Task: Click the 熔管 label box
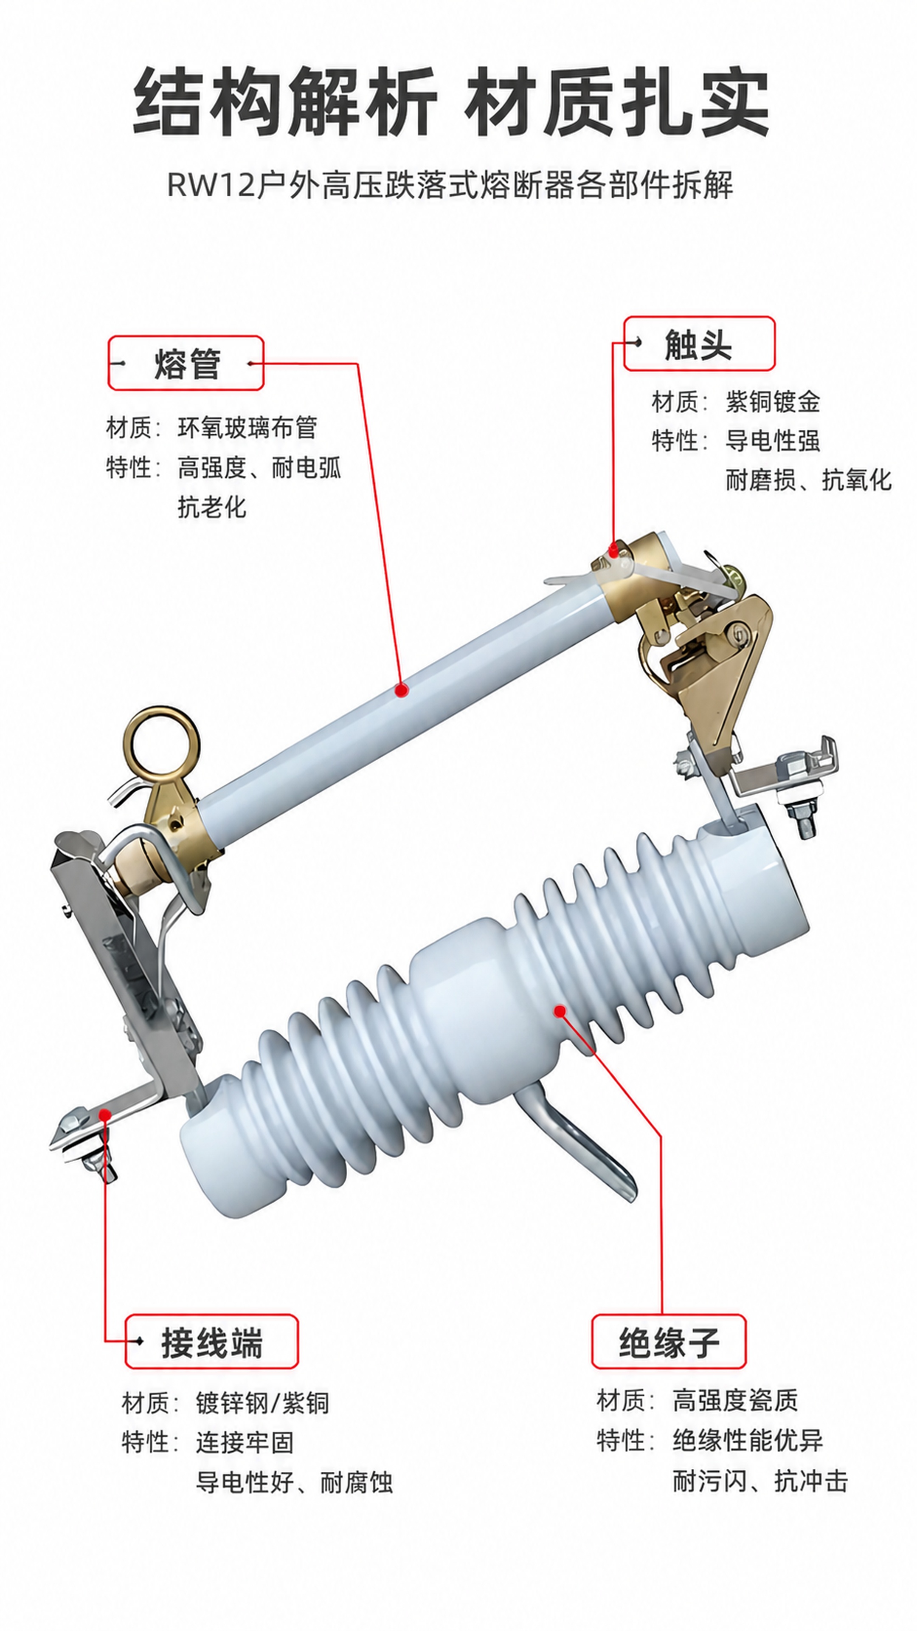(186, 363)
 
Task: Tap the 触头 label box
(699, 343)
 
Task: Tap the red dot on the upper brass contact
(613, 550)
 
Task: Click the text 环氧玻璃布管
(248, 428)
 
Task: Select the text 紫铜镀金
(773, 401)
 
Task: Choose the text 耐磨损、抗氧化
(808, 480)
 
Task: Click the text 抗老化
(212, 507)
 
